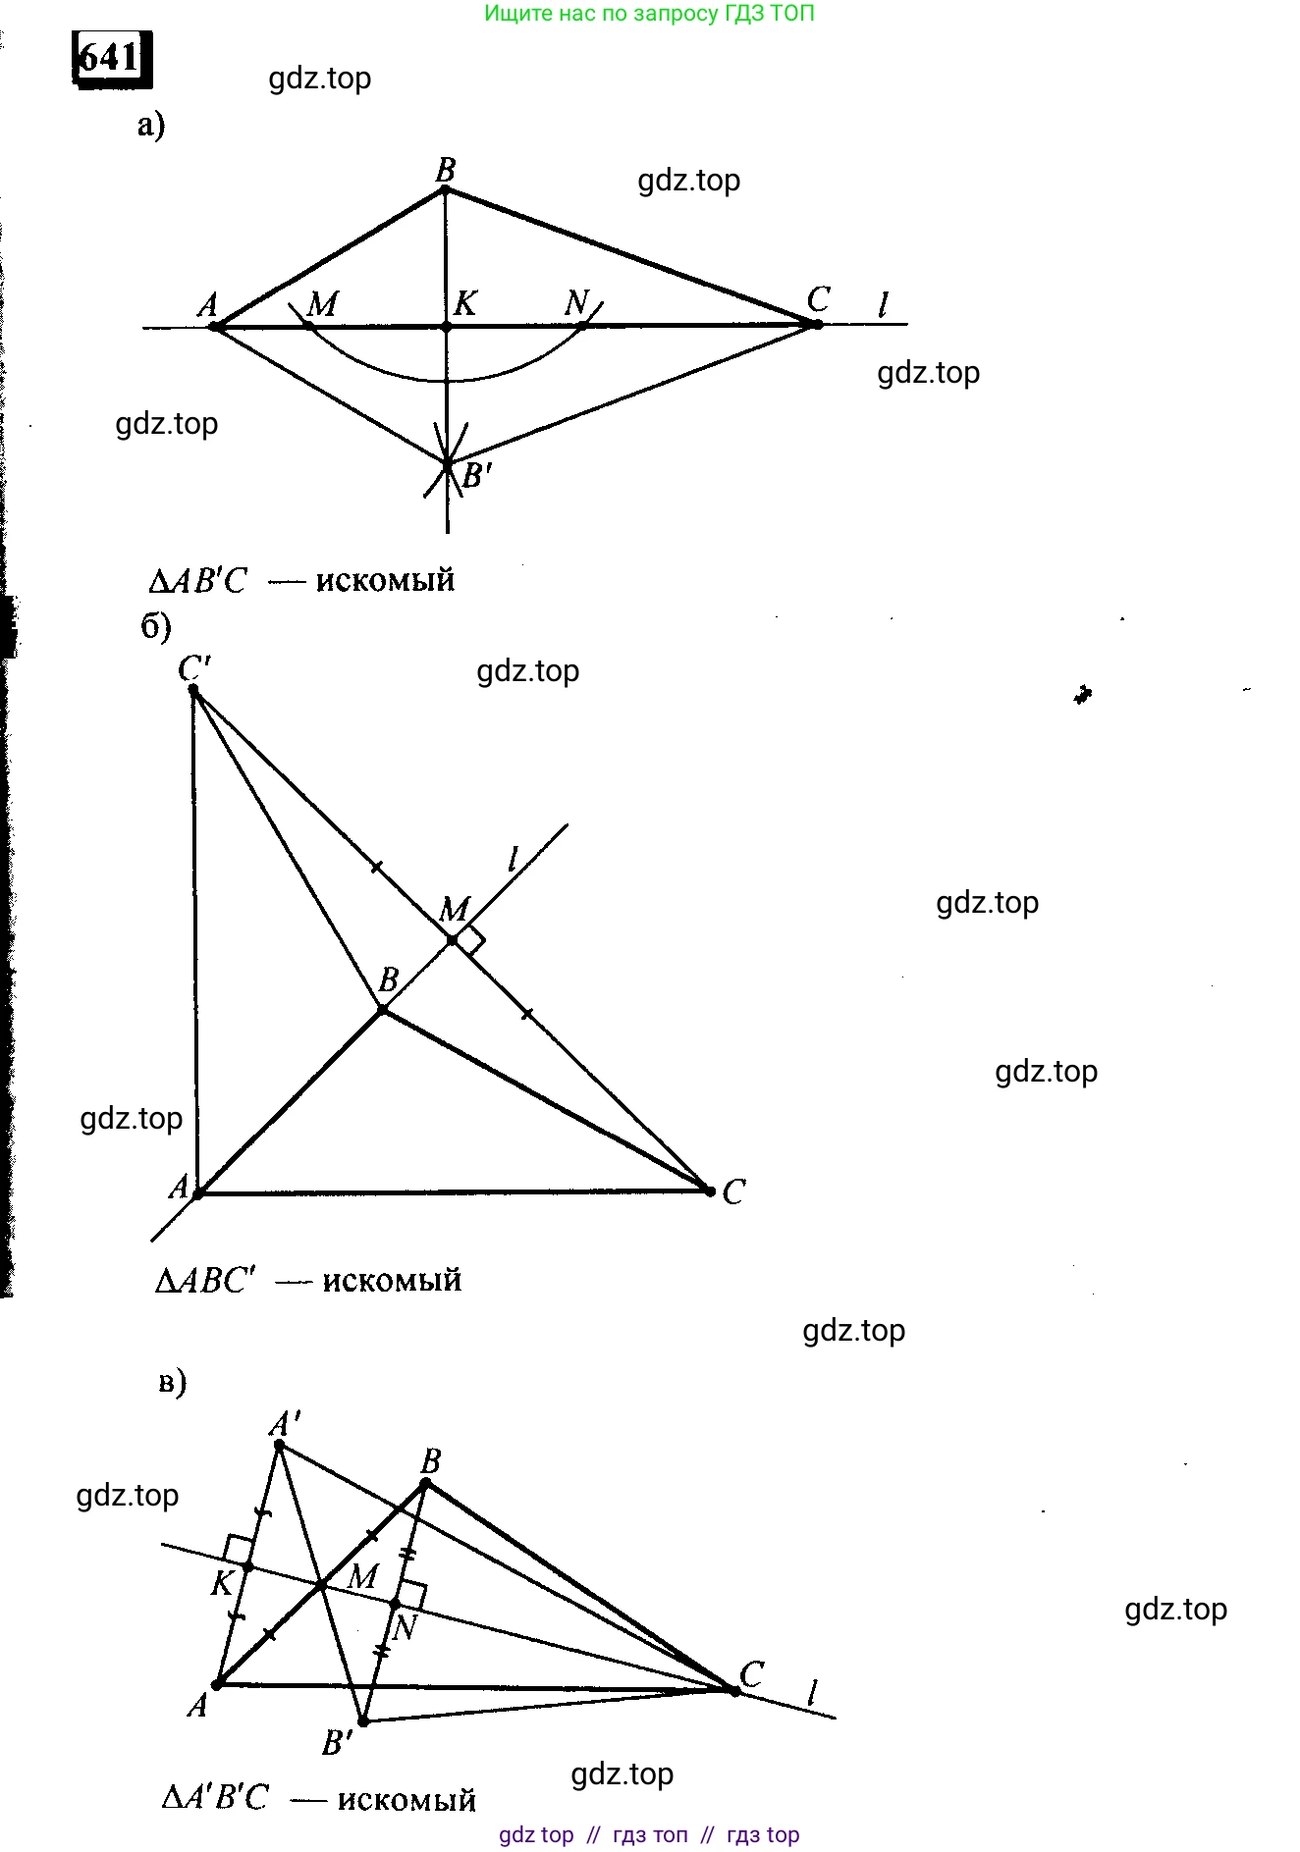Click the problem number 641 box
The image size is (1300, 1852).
[112, 58]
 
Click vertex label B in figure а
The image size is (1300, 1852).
[445, 170]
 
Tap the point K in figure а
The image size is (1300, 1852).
[446, 326]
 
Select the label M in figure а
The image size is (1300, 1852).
[322, 304]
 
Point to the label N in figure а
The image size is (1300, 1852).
[576, 302]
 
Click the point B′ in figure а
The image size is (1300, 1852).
[448, 463]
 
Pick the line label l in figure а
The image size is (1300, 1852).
[883, 305]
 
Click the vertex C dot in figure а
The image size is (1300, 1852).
[818, 324]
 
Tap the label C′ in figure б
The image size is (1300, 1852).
[194, 667]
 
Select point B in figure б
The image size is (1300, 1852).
[382, 1010]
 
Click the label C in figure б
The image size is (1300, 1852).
[733, 1191]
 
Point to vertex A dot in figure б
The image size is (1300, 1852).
[197, 1193]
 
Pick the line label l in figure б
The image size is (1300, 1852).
[513, 860]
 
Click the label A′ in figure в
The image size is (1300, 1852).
[286, 1422]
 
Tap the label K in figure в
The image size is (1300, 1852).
[223, 1582]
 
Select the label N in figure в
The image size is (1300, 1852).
[404, 1628]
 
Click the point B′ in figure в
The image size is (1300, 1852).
[363, 1721]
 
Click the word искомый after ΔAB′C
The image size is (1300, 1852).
[385, 581]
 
